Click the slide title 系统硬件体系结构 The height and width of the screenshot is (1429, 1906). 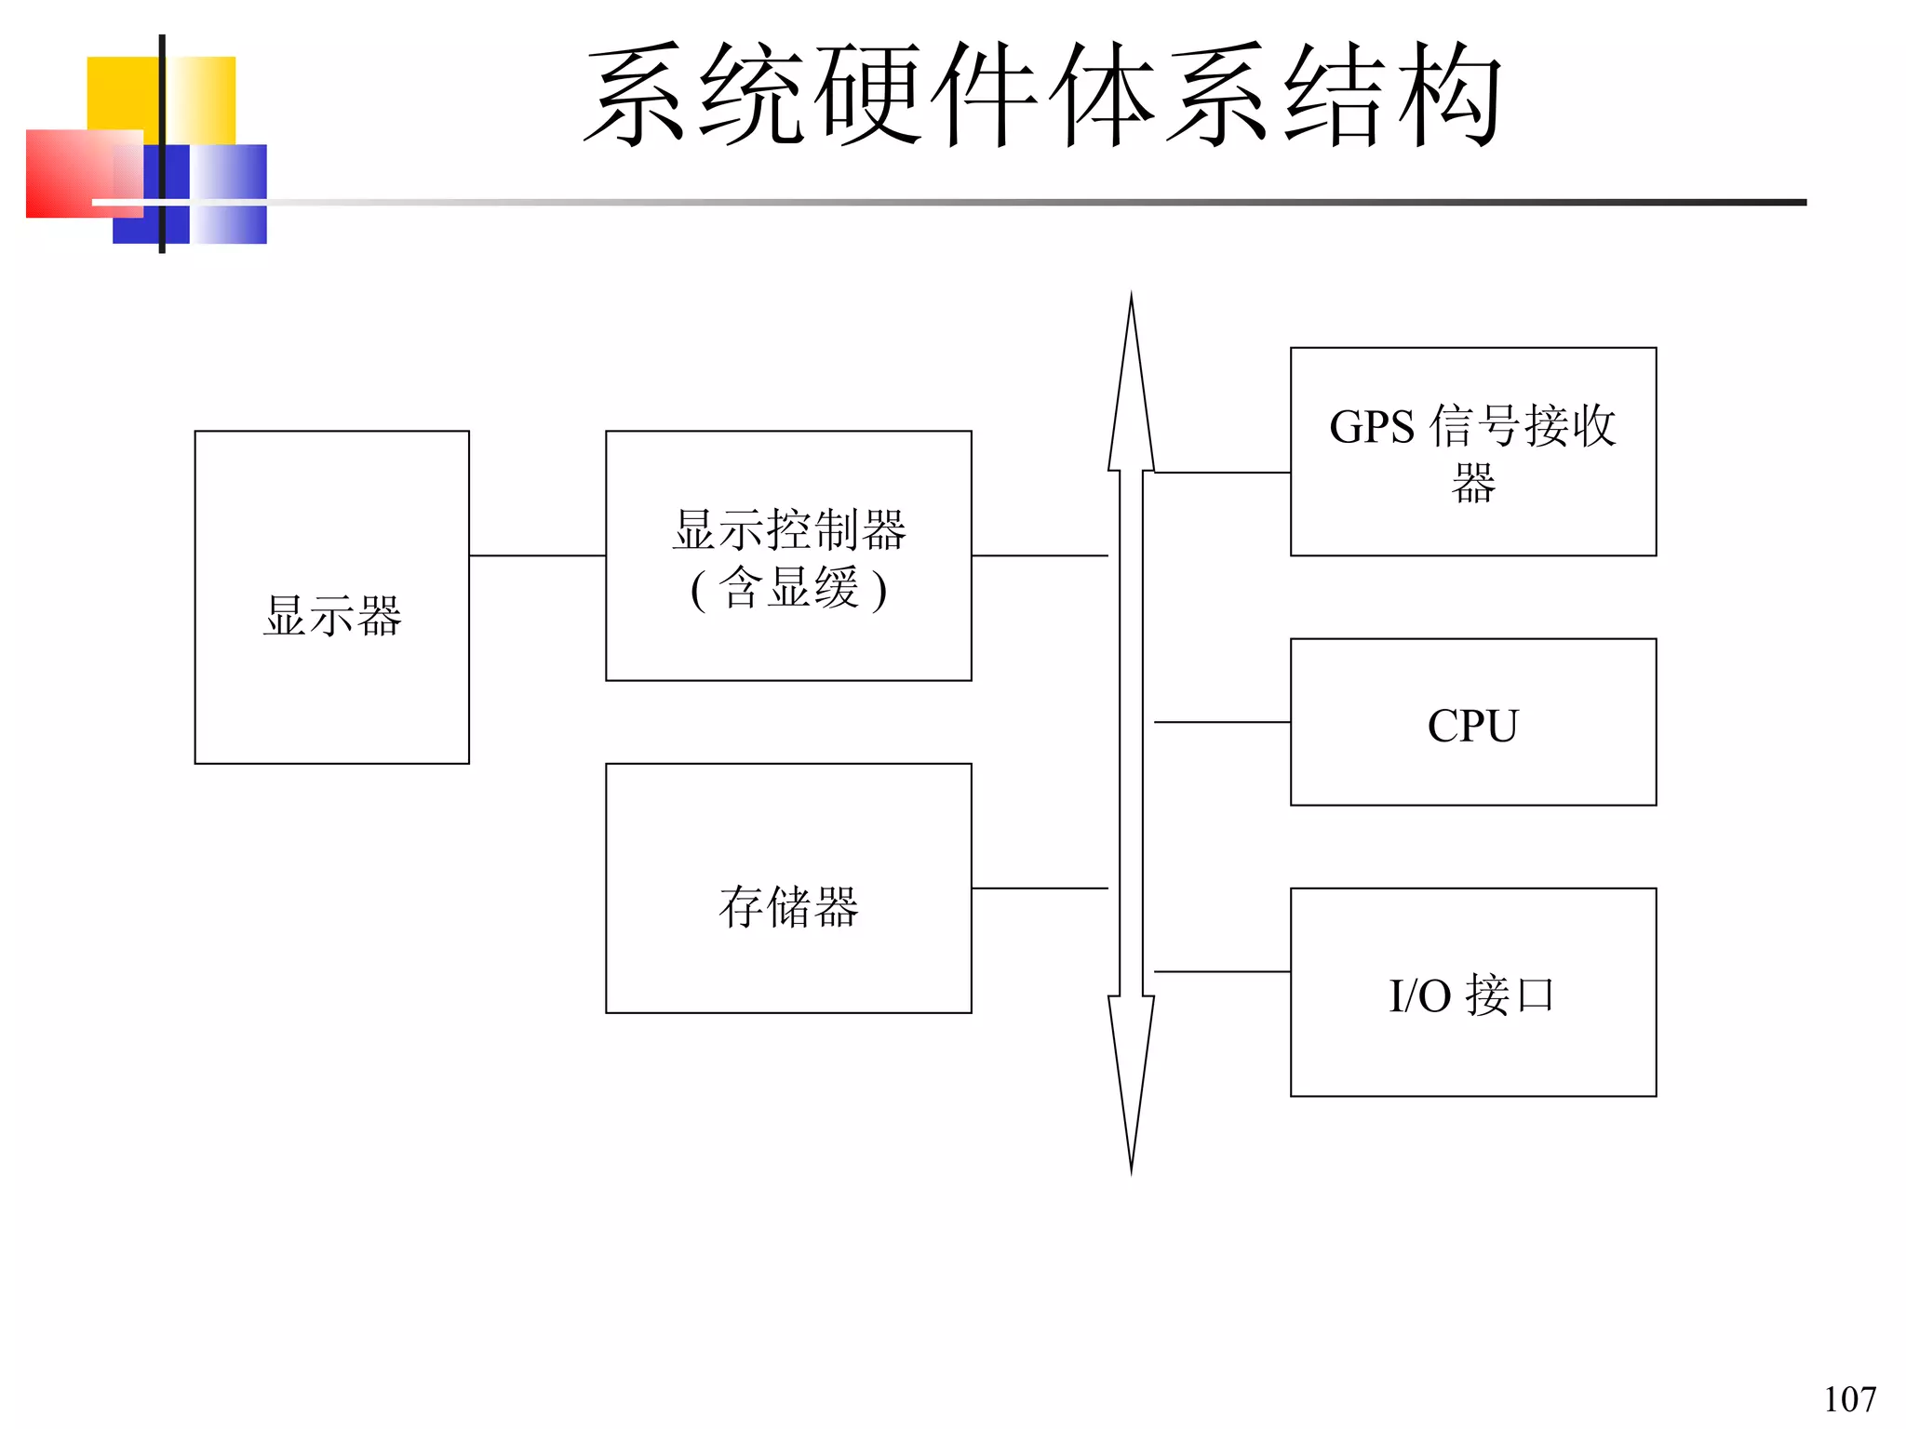point(1042,95)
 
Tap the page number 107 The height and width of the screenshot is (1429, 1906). point(1848,1399)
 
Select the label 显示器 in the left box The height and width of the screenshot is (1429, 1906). point(332,616)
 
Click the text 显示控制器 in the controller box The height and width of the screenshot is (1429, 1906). point(788,529)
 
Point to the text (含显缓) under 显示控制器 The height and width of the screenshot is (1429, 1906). point(788,588)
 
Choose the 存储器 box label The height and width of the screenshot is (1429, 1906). point(788,906)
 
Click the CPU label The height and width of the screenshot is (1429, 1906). point(1472,726)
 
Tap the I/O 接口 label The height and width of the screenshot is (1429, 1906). point(1472,995)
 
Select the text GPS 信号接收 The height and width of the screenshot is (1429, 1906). point(1472,426)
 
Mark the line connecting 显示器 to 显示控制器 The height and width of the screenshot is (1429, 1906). point(537,555)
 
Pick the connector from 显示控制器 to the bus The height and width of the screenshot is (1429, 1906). point(1040,555)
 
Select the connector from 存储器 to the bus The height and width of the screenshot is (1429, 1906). point(1040,888)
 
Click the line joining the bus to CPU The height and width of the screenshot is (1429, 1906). point(1222,722)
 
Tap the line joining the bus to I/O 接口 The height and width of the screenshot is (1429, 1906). point(1222,971)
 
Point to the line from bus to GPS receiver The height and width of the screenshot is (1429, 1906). point(1222,473)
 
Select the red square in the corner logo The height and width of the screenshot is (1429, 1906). point(65,177)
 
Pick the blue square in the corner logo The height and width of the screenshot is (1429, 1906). point(228,219)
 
